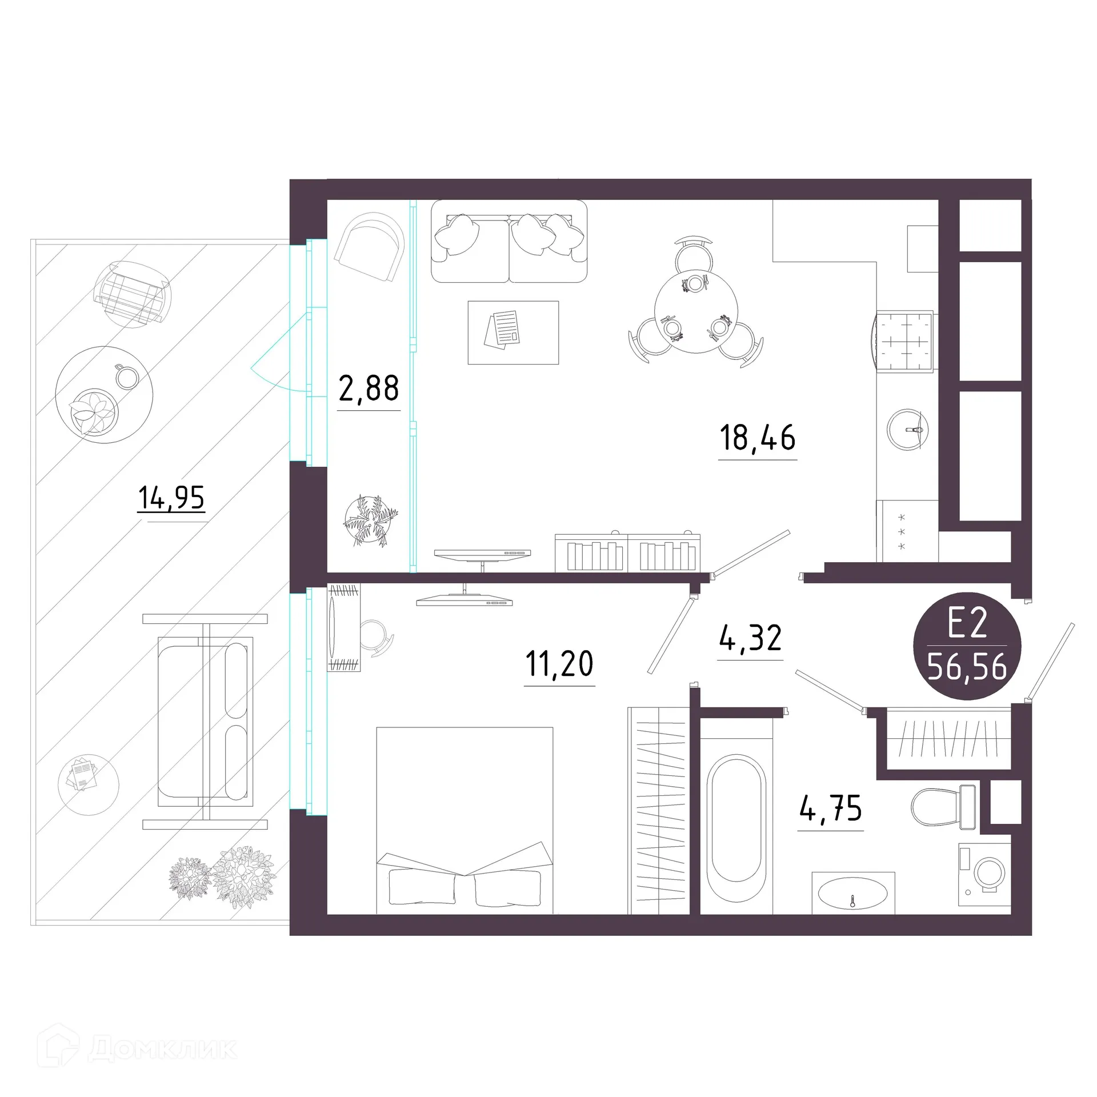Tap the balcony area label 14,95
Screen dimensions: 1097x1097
coord(171,497)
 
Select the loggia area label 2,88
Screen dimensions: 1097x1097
coord(369,389)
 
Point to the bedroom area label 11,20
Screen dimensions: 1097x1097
coord(559,664)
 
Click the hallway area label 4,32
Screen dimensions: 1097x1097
coord(750,638)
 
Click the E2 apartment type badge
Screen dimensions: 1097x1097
coord(967,646)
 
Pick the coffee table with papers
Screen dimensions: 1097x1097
coord(513,333)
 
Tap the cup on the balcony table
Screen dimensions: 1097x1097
coord(127,376)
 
